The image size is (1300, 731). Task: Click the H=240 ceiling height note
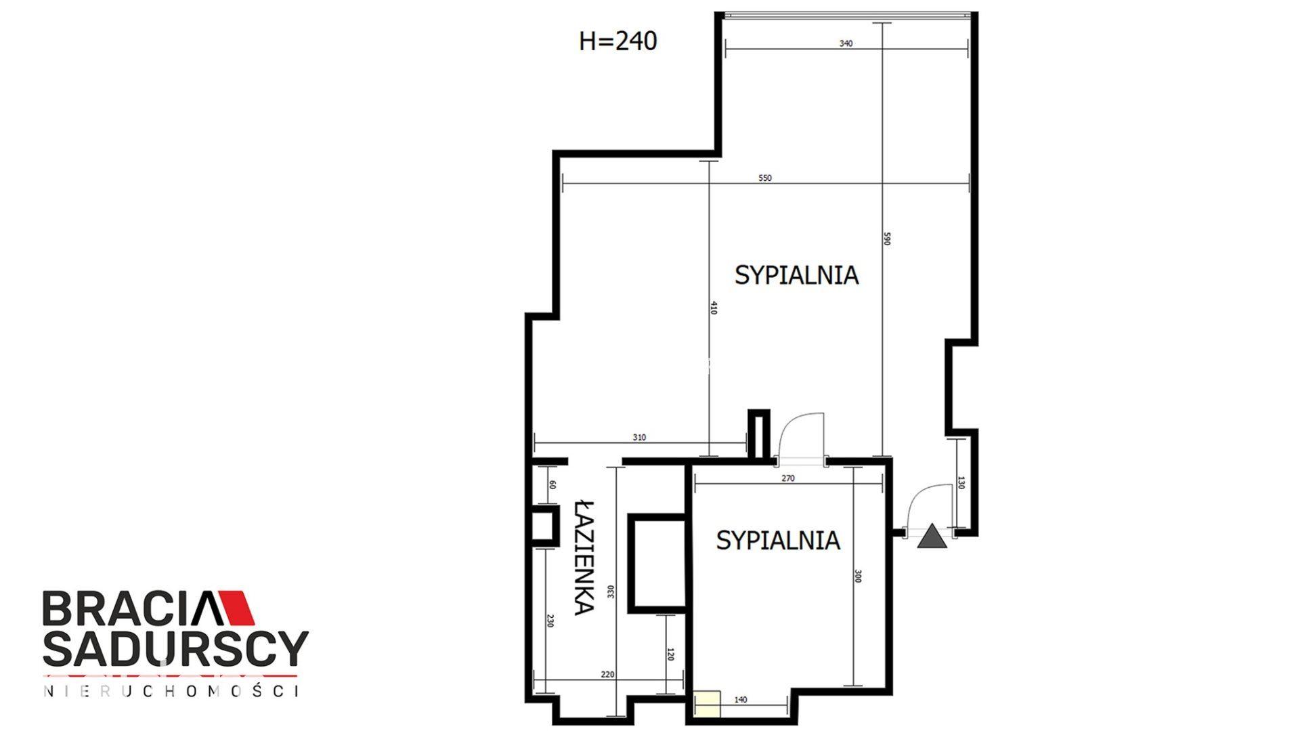click(x=617, y=41)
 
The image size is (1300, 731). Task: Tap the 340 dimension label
click(x=846, y=43)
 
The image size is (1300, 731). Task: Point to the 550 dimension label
click(x=765, y=178)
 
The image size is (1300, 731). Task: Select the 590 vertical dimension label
click(x=887, y=239)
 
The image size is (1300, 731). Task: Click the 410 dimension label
click(x=713, y=308)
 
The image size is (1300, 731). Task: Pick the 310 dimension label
click(x=639, y=438)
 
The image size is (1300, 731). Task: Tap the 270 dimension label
click(x=788, y=478)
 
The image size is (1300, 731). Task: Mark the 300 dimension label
click(x=857, y=577)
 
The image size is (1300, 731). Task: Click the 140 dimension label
click(x=741, y=700)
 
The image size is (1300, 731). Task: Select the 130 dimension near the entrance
click(x=961, y=483)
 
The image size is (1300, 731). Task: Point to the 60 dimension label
click(x=552, y=485)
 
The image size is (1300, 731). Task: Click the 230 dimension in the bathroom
click(x=550, y=621)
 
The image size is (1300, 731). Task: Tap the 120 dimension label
click(x=670, y=654)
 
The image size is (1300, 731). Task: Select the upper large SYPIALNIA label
click(x=797, y=275)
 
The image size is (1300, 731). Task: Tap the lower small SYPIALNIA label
click(x=778, y=540)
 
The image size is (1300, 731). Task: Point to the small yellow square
click(x=707, y=703)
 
